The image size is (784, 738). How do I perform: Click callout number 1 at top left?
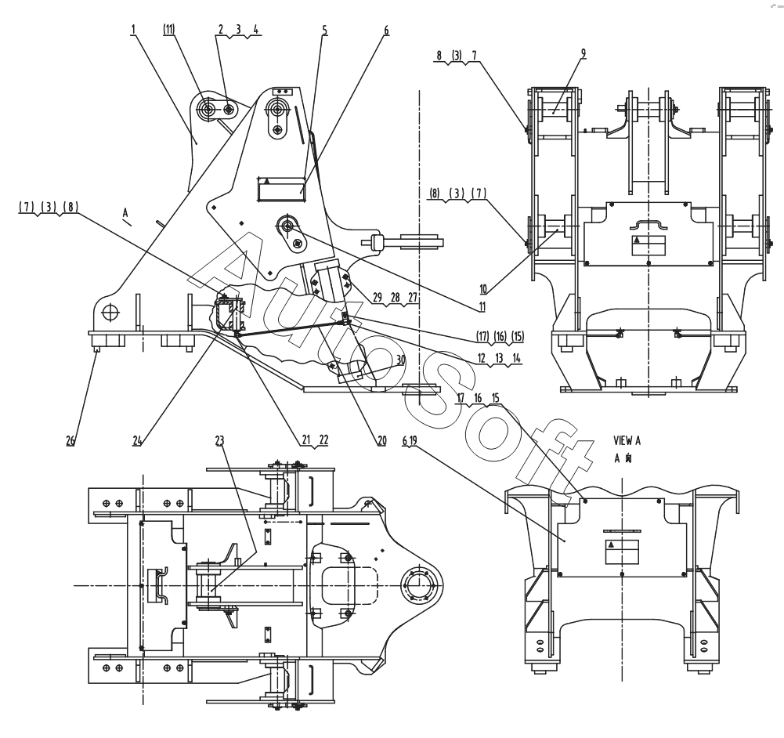coord(133,30)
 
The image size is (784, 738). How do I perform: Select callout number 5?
coord(325,31)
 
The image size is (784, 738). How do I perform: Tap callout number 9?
coord(583,53)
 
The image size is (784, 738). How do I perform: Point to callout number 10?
coord(483,289)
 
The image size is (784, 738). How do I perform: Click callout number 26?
coord(70,440)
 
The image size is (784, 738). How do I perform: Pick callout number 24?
coord(137,440)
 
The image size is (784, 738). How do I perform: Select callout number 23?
coord(219,440)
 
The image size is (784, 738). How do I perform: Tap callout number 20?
coord(382,440)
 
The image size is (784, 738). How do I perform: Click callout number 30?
coord(401,360)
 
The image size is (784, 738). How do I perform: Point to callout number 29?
coord(378,298)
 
